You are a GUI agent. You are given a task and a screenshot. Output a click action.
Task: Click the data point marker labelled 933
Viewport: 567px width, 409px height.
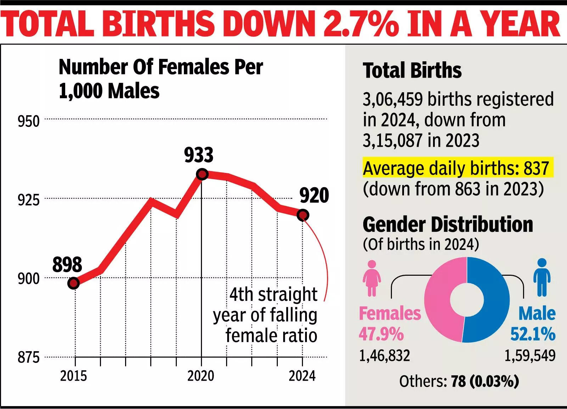point(202,174)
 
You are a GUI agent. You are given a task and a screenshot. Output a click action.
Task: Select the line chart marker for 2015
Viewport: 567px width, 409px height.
point(73,283)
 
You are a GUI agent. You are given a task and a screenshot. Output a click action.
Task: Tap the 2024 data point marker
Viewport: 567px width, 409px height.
point(303,215)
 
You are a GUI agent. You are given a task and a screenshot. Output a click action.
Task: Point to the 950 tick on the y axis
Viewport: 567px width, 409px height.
point(29,122)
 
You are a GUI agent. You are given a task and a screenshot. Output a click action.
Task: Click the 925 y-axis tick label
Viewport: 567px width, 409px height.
point(29,200)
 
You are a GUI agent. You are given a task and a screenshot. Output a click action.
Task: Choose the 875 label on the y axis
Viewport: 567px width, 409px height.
point(29,358)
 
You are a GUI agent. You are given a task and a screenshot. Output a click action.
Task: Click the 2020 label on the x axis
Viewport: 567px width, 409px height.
point(201,376)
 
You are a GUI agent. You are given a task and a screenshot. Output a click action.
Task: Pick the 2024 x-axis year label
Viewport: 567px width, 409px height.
point(302,376)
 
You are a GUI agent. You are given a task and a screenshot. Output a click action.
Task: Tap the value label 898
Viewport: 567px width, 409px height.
point(67,264)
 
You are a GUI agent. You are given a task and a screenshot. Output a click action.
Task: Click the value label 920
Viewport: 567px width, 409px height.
point(314,195)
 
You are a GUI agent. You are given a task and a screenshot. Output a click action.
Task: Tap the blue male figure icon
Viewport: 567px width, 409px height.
point(542,278)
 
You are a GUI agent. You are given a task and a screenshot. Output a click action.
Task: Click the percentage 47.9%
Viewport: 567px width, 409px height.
point(381,334)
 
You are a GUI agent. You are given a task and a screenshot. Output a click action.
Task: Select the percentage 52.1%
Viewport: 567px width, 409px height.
point(533,334)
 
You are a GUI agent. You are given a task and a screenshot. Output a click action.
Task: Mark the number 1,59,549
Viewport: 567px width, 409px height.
point(530,355)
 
